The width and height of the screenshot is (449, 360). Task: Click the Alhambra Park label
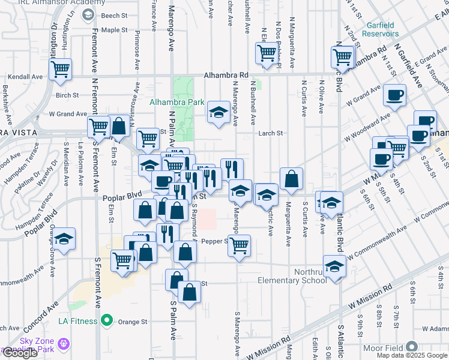coord(177,102)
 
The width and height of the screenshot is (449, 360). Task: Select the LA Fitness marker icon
coord(107,321)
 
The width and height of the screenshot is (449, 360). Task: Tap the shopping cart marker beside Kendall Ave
coord(60,70)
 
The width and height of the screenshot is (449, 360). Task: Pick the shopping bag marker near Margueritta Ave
coord(291,178)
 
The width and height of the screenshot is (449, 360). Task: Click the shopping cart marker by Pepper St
coord(239,245)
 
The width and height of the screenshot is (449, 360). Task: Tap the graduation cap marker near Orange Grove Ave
coord(64,239)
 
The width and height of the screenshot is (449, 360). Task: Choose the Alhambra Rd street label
coord(226,76)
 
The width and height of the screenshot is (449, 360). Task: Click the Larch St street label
coord(270,134)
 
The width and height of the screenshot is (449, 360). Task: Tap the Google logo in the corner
coord(20,353)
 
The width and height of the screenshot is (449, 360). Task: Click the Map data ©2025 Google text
coord(412,355)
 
